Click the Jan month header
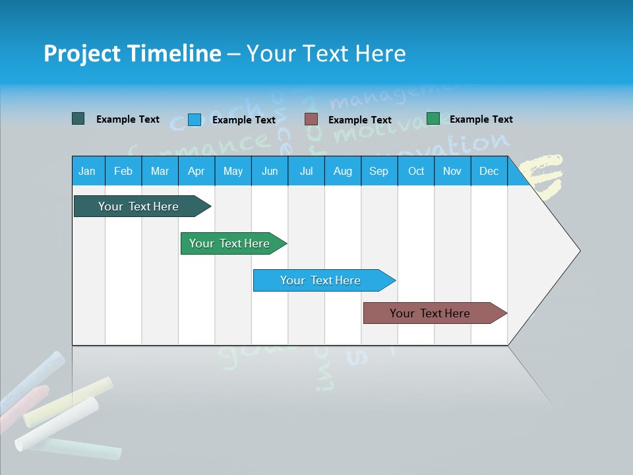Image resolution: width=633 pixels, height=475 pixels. (87, 171)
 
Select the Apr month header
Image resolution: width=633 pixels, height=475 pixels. (196, 171)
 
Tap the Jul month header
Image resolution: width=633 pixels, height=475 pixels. (306, 171)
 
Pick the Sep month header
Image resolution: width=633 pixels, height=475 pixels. (378, 171)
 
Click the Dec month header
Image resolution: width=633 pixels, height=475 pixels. (489, 171)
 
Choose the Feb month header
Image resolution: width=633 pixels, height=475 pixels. (123, 171)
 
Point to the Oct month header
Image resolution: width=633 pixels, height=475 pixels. (416, 171)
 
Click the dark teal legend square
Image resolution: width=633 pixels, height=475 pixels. (78, 119)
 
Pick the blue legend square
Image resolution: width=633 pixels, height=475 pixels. (194, 119)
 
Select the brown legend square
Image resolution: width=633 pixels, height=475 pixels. (311, 119)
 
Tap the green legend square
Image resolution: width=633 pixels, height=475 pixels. (433, 119)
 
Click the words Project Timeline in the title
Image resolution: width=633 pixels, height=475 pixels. (133, 53)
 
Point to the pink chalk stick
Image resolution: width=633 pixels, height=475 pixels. (23, 406)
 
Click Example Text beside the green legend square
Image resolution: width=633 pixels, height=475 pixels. (481, 119)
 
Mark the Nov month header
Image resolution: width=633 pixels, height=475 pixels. (452, 171)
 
